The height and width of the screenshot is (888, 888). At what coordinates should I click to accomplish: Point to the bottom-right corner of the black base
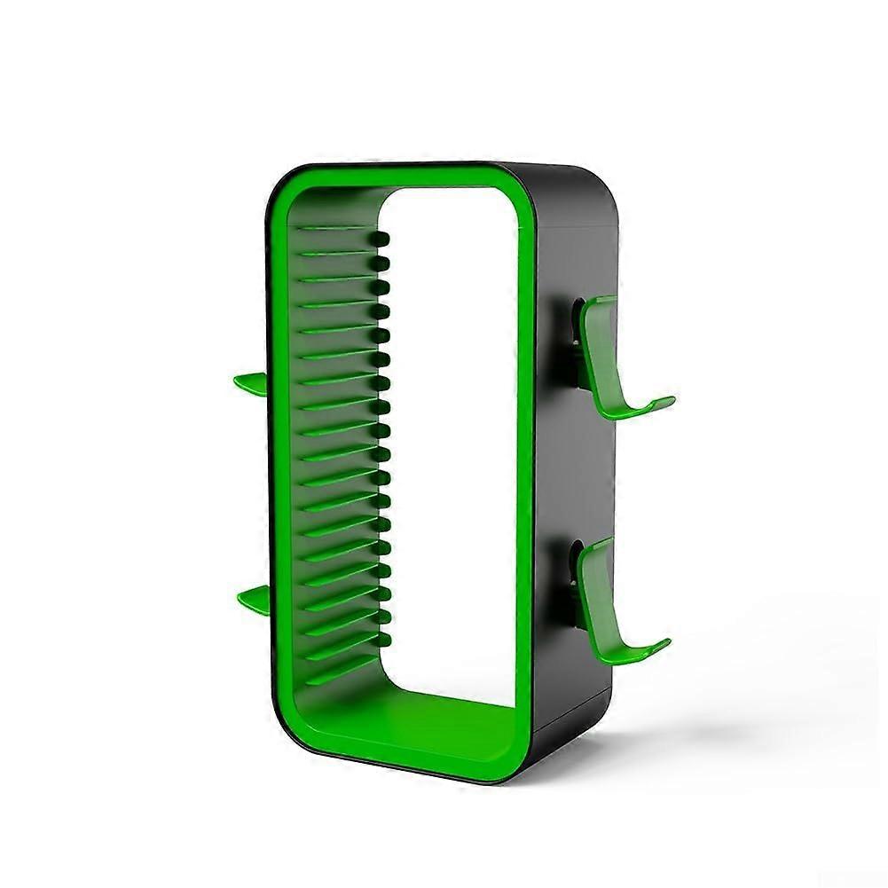tap(603, 701)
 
